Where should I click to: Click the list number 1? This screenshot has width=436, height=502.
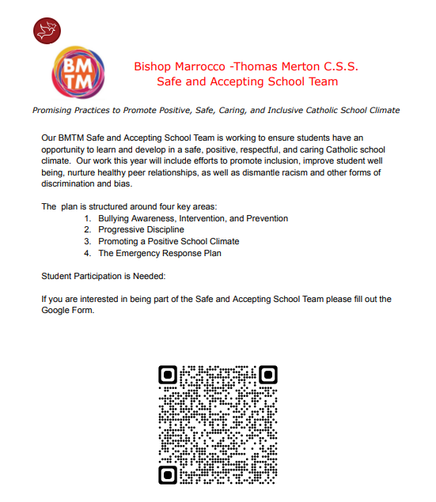(87, 217)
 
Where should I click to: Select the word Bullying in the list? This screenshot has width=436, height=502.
(116, 217)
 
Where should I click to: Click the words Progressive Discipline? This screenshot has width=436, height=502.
(141, 229)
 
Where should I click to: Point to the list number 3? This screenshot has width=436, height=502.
(87, 241)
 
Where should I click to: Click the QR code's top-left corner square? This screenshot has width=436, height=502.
(168, 374)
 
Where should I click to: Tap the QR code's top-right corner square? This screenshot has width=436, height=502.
(268, 374)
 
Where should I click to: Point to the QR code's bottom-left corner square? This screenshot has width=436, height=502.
(168, 474)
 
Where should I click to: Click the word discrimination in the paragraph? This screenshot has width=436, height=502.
(70, 183)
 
